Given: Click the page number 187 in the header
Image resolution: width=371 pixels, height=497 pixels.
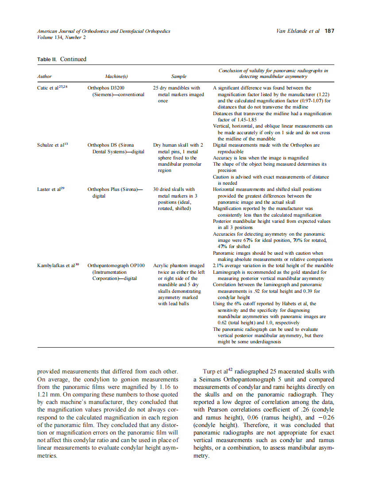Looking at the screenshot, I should [x=329, y=31].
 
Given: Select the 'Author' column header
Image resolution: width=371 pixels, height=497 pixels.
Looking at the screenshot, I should [x=44, y=77].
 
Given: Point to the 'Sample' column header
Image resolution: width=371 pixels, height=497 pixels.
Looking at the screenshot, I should [x=178, y=77].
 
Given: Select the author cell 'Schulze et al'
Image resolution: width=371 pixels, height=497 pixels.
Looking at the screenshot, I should [x=51, y=145].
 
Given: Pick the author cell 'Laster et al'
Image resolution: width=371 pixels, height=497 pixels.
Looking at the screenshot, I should [x=50, y=189].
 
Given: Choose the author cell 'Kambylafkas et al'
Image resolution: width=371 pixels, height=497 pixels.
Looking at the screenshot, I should [x=56, y=265].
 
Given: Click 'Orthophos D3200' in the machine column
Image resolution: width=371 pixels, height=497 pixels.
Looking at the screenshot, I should [x=106, y=88].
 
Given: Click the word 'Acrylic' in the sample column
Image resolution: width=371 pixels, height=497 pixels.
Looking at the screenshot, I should [x=162, y=266].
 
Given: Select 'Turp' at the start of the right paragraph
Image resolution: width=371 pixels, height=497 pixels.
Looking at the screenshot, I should [x=210, y=372].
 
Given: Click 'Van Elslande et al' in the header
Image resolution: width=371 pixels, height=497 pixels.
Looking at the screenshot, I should [x=297, y=31].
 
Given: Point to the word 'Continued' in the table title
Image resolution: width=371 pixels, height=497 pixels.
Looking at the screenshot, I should [x=73, y=59].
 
